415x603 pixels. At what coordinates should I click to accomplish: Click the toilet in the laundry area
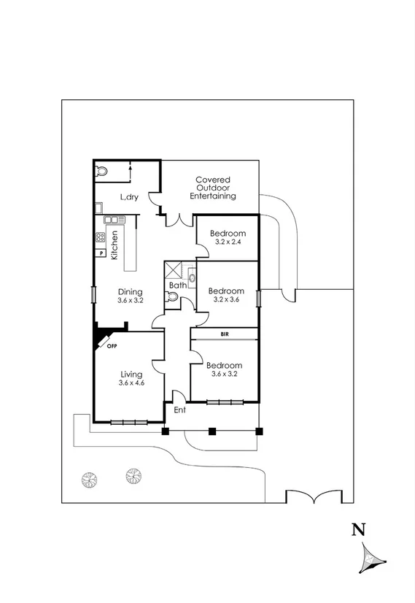pyautogui.click(x=102, y=172)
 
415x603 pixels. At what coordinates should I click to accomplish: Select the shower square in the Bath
pyautogui.click(x=173, y=268)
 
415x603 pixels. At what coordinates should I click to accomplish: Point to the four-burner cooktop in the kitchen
pyautogui.click(x=100, y=237)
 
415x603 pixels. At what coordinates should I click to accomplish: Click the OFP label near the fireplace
pyautogui.click(x=112, y=346)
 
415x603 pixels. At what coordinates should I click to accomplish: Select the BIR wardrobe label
pyautogui.click(x=224, y=334)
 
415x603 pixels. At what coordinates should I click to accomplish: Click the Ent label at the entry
pyautogui.click(x=179, y=410)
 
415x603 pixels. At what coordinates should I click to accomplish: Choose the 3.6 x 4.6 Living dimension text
pyautogui.click(x=132, y=383)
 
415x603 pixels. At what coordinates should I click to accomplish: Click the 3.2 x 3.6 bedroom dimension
pyautogui.click(x=226, y=299)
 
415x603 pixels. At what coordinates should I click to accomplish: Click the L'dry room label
pyautogui.click(x=129, y=197)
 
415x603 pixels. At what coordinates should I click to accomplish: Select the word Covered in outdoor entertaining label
pyautogui.click(x=213, y=180)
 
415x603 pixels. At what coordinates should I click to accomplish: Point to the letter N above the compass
pyautogui.click(x=358, y=531)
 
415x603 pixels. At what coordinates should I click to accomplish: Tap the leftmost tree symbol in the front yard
pyautogui.click(x=89, y=480)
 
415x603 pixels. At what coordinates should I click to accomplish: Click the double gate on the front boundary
pyautogui.click(x=313, y=497)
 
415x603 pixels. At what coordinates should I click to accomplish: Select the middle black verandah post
pyautogui.click(x=212, y=431)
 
